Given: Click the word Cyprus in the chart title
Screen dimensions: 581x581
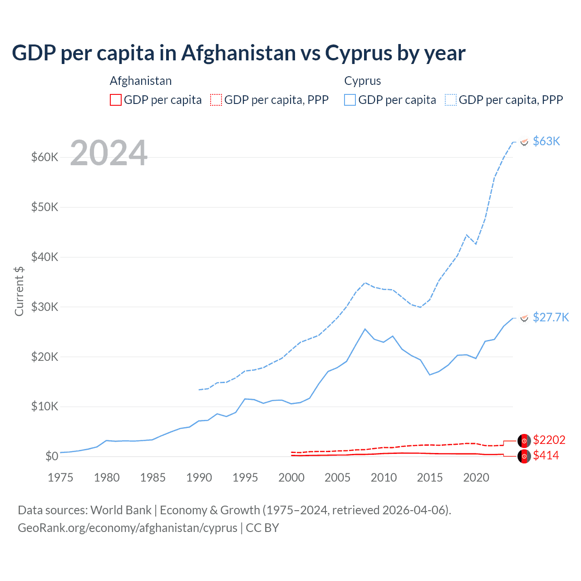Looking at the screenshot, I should click(358, 53).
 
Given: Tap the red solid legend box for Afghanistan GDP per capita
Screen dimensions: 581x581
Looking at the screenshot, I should click(116, 100).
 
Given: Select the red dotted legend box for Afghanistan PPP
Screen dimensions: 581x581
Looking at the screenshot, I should click(216, 100).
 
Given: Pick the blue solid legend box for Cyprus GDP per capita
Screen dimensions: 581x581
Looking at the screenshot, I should click(350, 100).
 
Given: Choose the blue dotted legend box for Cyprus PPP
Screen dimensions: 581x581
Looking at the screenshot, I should click(451, 100).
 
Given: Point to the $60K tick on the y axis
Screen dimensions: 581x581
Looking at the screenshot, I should click(45, 158).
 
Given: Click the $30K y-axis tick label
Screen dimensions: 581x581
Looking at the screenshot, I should click(45, 307).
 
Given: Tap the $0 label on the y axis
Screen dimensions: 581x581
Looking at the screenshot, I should click(52, 456).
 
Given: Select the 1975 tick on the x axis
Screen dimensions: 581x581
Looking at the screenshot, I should click(60, 478).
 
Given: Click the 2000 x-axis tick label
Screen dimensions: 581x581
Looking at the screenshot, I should click(291, 478).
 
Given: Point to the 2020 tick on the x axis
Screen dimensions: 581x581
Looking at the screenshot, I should click(476, 478).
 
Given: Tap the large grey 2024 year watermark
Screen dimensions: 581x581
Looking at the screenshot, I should click(109, 153).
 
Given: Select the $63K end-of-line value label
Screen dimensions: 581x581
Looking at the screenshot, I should click(547, 142).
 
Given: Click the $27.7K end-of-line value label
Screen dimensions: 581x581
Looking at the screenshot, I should click(551, 317).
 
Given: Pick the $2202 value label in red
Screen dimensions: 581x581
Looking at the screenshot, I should click(549, 440).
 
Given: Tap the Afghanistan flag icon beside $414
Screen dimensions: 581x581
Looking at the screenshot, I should click(524, 456).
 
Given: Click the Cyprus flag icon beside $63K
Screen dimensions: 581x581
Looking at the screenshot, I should click(524, 142).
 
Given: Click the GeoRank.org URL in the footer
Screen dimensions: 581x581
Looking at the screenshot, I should click(128, 528).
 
